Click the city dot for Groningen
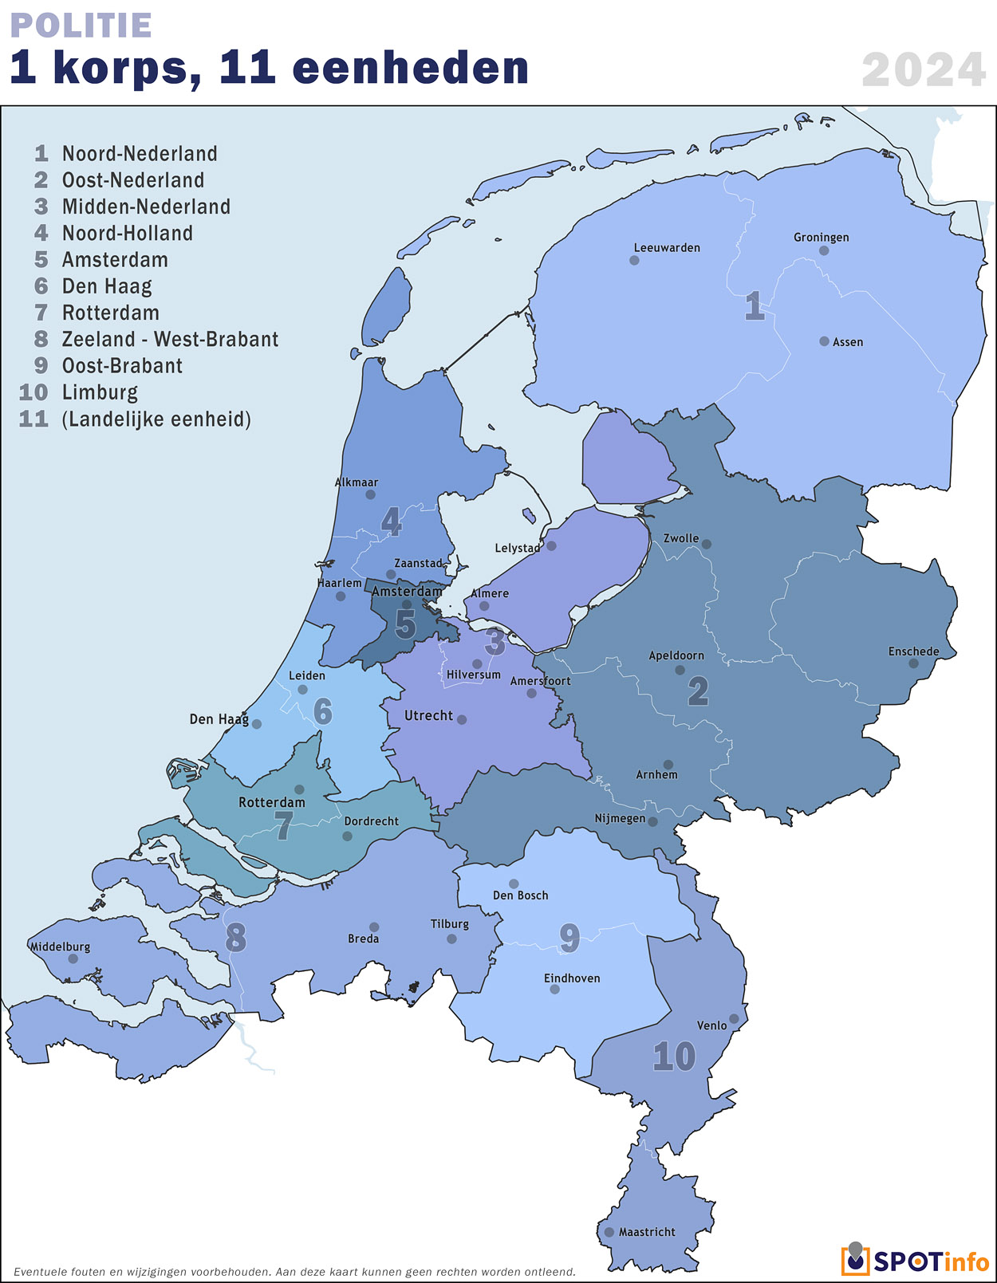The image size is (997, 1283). point(824,250)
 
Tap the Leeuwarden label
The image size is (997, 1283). point(667,248)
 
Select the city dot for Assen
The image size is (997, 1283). point(824,341)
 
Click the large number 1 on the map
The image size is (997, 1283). point(754,306)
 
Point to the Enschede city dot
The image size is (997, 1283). point(913,663)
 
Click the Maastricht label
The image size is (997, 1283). point(647,1232)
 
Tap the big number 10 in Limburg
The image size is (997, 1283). point(674,1057)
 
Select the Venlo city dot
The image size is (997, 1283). point(734,1018)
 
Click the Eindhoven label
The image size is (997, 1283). point(572,978)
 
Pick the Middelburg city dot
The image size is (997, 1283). point(73,958)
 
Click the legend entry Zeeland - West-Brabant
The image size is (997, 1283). point(170,339)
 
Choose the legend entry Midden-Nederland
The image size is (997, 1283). point(146,207)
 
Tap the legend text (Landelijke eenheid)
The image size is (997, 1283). point(156,419)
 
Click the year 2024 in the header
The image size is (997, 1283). point(924,70)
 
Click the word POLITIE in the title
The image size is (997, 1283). point(81,26)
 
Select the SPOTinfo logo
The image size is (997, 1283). point(914,1260)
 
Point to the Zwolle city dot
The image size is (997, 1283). point(706,545)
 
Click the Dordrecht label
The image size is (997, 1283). point(372,821)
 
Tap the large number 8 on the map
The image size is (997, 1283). point(235,938)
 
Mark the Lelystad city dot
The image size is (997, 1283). point(551,545)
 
